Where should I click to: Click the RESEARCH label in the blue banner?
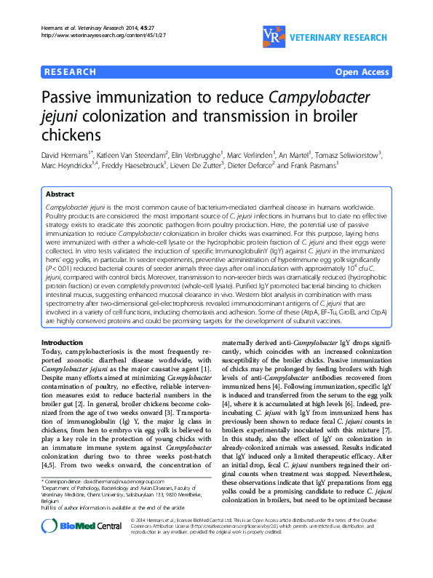click(x=70, y=72)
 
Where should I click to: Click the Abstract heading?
click(x=60, y=195)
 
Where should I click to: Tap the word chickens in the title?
click(x=74, y=135)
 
